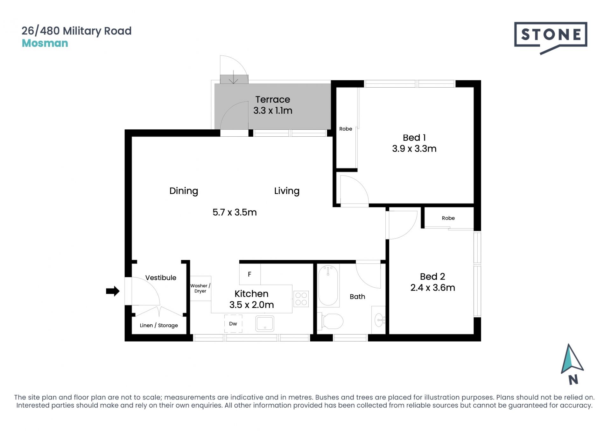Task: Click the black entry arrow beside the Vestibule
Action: coord(113,291)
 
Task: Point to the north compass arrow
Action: coord(572,359)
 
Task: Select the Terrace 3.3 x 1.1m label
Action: coord(273,105)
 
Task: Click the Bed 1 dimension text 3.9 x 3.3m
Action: coord(414,148)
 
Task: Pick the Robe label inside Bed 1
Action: coord(346,129)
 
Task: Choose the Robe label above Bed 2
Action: coord(448,218)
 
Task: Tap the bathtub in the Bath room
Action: coord(328,285)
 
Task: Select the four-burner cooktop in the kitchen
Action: coord(301,299)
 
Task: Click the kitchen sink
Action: coord(265,324)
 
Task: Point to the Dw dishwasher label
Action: coord(233,324)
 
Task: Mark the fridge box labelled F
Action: coord(250,274)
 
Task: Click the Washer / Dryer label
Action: coord(200,288)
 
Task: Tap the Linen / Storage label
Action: coord(159,325)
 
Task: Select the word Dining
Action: coord(184,191)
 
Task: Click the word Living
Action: coord(287,191)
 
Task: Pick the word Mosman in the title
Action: coord(45,43)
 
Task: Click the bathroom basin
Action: coord(379,320)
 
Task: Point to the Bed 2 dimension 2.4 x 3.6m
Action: coord(432,288)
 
